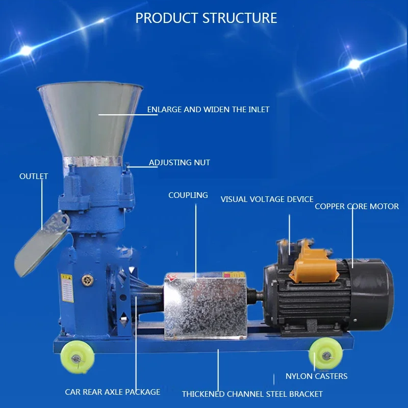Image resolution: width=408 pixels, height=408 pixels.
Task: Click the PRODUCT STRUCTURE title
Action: [206, 18]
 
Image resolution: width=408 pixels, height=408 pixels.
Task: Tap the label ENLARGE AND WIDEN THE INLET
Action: [208, 109]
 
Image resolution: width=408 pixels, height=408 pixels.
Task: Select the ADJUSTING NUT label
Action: [180, 163]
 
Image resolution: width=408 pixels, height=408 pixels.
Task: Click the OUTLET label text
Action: [34, 176]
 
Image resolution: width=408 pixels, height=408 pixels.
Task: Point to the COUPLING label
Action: [188, 195]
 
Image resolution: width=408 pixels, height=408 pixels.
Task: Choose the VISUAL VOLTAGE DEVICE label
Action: [267, 199]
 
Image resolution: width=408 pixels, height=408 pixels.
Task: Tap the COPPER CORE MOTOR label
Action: [356, 207]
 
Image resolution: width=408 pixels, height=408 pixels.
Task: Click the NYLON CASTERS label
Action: [316, 376]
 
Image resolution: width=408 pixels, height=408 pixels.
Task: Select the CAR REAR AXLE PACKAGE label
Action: [112, 392]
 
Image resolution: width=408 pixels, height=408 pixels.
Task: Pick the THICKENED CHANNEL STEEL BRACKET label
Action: [252, 394]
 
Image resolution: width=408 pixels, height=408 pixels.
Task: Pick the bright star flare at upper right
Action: [354, 64]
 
